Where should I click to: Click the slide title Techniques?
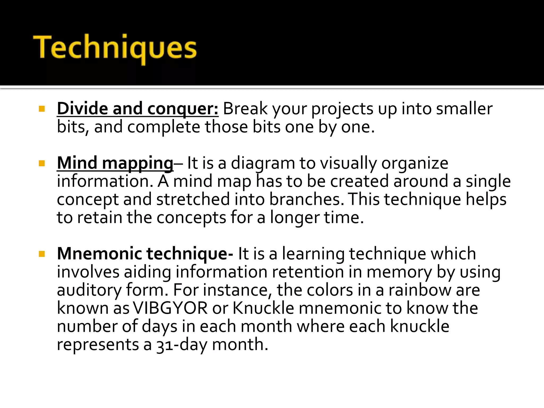coord(115,48)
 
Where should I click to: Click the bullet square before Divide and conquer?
coord(42,109)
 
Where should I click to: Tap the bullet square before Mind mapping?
coord(42,163)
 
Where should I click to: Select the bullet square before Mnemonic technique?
coord(42,254)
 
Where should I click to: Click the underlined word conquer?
coord(183,109)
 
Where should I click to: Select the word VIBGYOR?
coord(170,308)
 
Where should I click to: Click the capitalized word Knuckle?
coord(263,308)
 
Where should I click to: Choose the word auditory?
coord(89,290)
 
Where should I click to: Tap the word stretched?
coord(193,199)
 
